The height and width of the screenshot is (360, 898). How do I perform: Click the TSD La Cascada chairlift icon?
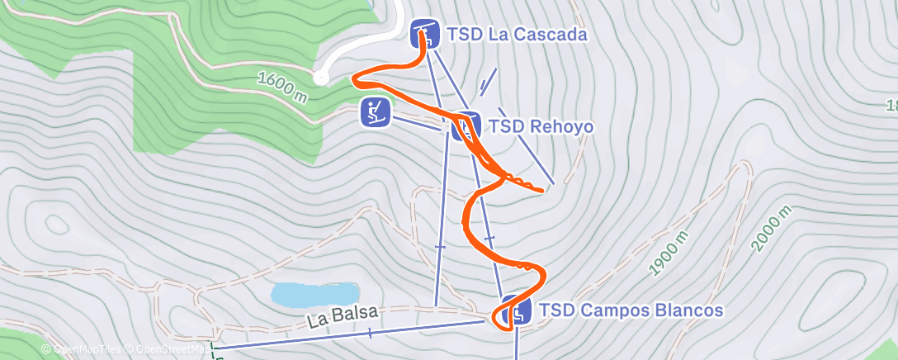(424, 34)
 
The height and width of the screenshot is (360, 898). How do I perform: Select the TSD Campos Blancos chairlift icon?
(515, 310)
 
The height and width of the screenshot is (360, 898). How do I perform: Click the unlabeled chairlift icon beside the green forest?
(375, 111)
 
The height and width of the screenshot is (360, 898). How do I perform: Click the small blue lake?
(315, 293)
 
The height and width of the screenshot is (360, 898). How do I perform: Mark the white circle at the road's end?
(321, 78)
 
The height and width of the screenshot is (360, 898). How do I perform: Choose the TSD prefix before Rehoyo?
(505, 127)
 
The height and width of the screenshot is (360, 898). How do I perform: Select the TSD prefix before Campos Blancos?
(555, 310)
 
